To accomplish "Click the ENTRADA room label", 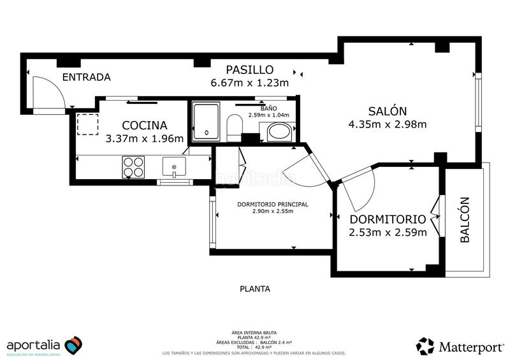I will pyautogui.click(x=86, y=77).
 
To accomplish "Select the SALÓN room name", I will pyautogui.click(x=387, y=110).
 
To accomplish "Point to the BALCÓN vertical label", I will pyautogui.click(x=465, y=220).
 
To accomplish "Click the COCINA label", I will pyautogui.click(x=145, y=125).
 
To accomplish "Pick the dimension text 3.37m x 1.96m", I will pyautogui.click(x=145, y=138).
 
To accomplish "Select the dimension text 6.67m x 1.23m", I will pyautogui.click(x=249, y=83).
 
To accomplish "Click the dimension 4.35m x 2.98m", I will pyautogui.click(x=387, y=124).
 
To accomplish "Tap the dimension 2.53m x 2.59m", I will pyautogui.click(x=388, y=233).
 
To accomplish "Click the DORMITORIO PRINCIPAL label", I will pyautogui.click(x=272, y=205).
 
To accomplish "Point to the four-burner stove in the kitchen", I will pyautogui.click(x=133, y=167).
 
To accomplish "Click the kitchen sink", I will pyautogui.click(x=173, y=168).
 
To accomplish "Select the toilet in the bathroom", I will pyautogui.click(x=235, y=127).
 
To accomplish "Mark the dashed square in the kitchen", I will pyautogui.click(x=86, y=124).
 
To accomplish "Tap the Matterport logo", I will pyautogui.click(x=458, y=346).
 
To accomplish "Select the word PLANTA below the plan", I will pyautogui.click(x=254, y=289).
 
